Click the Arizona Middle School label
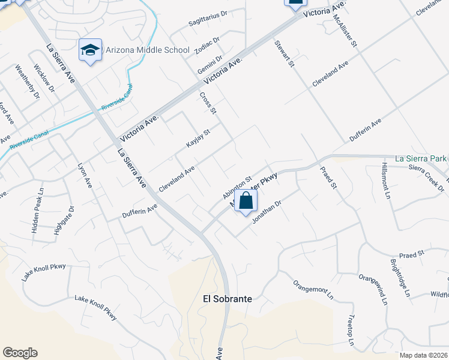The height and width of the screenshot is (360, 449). click(147, 50)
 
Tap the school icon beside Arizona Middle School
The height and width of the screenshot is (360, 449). click(90, 49)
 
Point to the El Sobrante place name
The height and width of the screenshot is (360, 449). click(227, 298)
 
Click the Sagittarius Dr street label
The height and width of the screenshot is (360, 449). click(208, 20)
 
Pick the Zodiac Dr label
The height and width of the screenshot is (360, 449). click(208, 47)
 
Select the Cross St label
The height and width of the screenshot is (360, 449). click(208, 103)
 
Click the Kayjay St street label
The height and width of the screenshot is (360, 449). click(198, 139)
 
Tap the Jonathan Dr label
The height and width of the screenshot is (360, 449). click(267, 211)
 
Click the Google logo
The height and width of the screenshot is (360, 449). click(20, 353)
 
